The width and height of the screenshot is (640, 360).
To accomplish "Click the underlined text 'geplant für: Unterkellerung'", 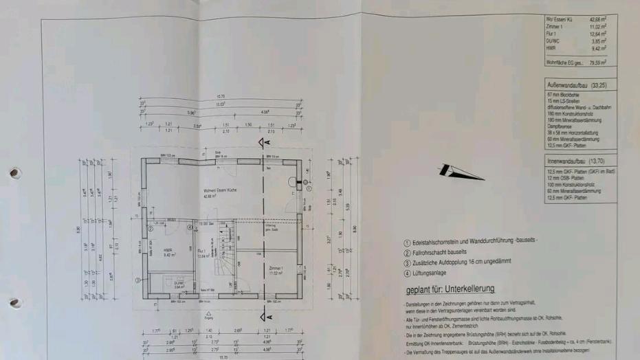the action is pyautogui.click(x=450, y=289).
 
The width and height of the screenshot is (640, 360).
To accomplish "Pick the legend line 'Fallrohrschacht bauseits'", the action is pyautogui.click(x=441, y=252).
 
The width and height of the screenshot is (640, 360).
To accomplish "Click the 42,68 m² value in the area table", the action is pyautogui.click(x=597, y=20).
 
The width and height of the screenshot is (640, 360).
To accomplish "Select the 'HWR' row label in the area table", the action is pyautogui.click(x=549, y=48).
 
